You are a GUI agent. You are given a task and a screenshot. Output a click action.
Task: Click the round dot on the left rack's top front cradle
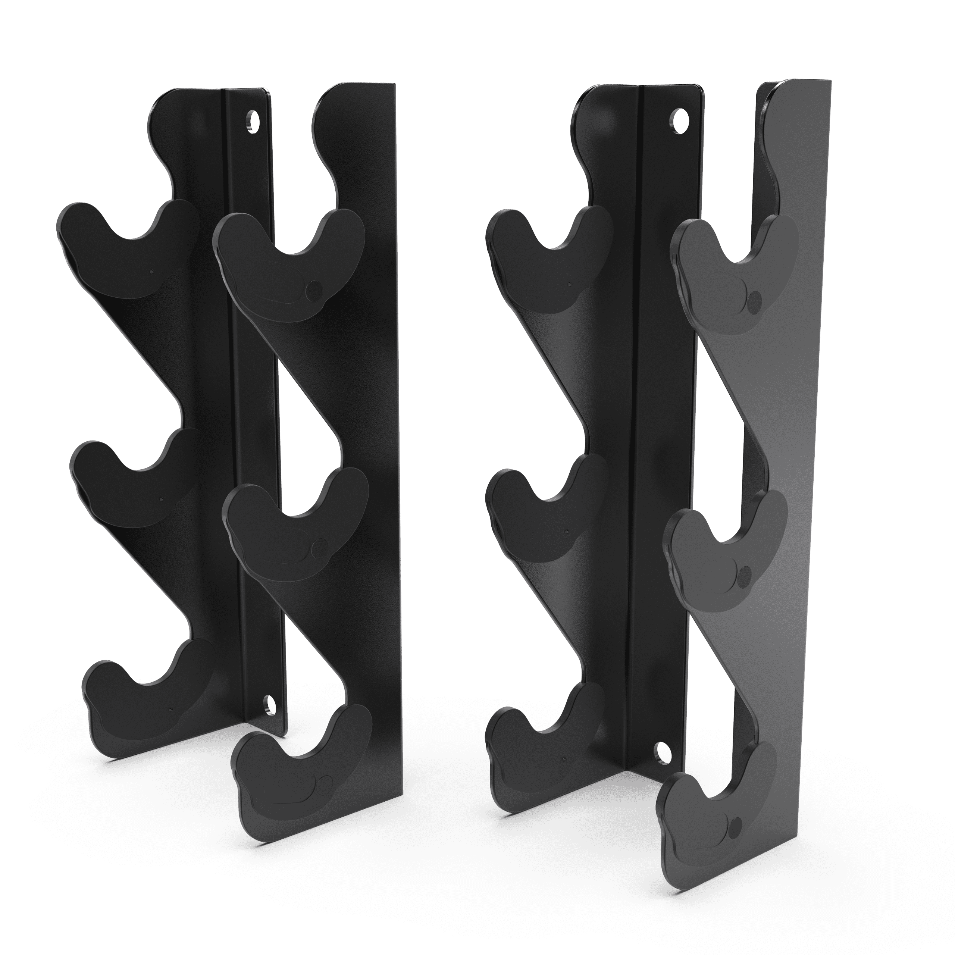point(313,288)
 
